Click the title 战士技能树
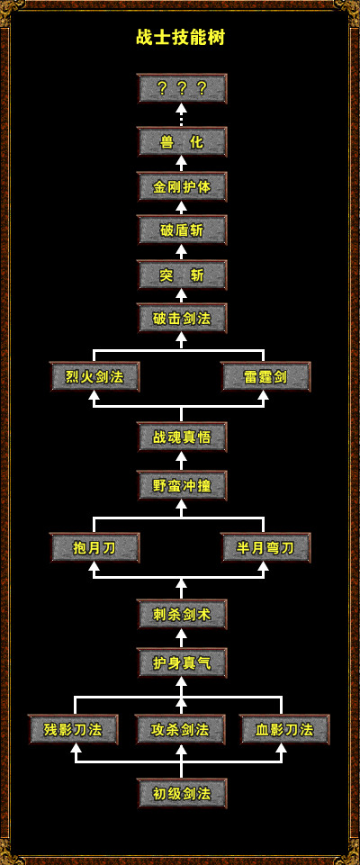(x=180, y=38)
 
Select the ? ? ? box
(x=182, y=88)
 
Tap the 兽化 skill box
(x=182, y=142)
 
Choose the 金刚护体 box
(x=182, y=186)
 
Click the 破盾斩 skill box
(x=182, y=230)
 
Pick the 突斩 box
(x=182, y=275)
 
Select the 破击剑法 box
(x=182, y=318)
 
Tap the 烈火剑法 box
(x=94, y=377)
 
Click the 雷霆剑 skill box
(x=265, y=377)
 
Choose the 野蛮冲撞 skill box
(x=182, y=485)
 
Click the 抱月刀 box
(x=94, y=548)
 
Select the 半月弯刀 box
(x=265, y=548)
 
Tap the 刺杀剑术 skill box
(x=182, y=614)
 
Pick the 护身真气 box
(x=182, y=662)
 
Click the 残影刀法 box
(x=73, y=730)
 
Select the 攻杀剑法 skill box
(x=180, y=730)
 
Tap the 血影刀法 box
(x=284, y=730)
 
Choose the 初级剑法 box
(x=182, y=793)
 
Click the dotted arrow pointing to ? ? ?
(x=182, y=114)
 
